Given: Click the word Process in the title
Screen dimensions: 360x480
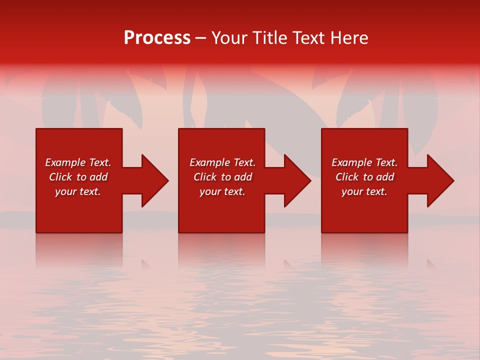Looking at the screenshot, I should (157, 38).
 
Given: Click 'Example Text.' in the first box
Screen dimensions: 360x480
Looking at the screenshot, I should (78, 162).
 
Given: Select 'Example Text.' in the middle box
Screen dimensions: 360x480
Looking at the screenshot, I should (222, 162).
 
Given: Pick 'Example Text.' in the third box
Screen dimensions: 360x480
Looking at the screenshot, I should (364, 162).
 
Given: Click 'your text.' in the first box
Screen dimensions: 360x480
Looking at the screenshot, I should (78, 191).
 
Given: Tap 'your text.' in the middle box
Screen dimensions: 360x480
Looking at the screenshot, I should (222, 191).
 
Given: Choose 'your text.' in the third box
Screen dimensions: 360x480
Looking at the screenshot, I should (364, 191).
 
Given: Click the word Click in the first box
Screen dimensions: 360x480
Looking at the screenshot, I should (60, 177).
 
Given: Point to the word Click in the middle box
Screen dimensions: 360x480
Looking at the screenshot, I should (205, 177).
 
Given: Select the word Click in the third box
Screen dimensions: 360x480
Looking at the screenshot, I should (347, 177).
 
